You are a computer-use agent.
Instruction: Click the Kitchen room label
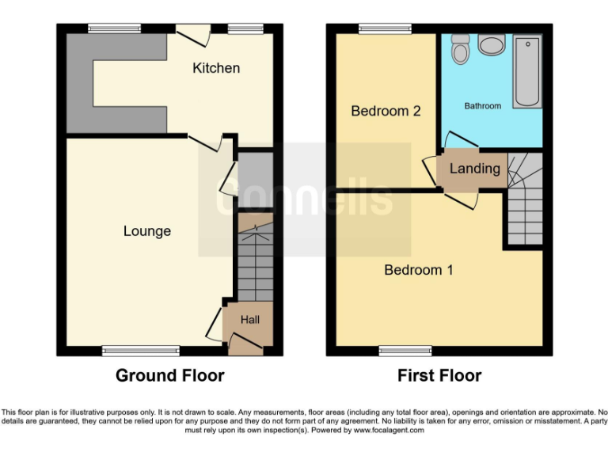pos(216,68)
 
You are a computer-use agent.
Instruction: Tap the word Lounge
pos(147,231)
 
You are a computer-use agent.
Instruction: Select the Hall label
pos(250,320)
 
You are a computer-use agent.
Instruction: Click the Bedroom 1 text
pos(418,270)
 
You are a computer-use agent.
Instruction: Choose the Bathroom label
pos(482,105)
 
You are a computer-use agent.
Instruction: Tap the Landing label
pos(475,169)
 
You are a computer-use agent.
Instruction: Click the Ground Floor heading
pos(169,375)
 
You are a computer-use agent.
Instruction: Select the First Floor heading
pos(439,375)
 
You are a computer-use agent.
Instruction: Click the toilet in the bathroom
pos(460,51)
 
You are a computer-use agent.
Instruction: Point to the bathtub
pos(526,71)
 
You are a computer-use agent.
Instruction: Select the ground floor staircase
pos(255,261)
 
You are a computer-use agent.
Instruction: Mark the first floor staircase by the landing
pos(524,201)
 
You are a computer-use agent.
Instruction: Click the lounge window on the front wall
pos(142,351)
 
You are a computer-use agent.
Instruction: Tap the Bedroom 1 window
pos(405,351)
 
